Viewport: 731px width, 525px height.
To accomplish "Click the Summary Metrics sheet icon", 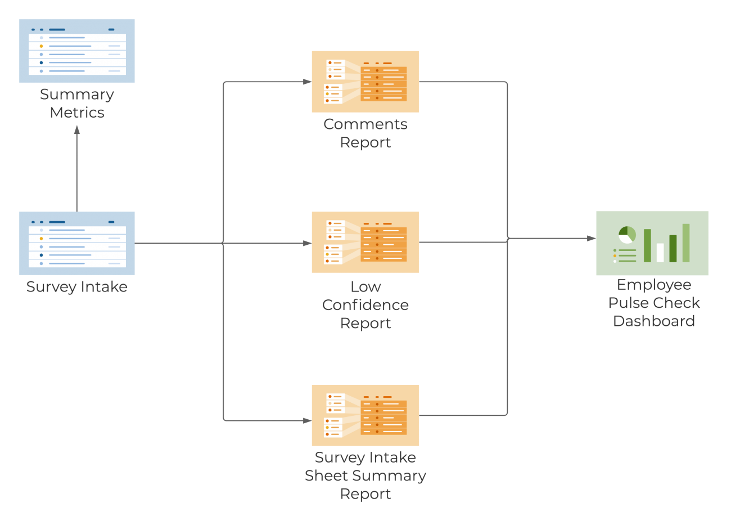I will [x=77, y=51].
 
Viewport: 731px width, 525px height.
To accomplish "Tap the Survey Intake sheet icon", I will [x=77, y=243].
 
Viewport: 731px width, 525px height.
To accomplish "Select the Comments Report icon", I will [x=365, y=82].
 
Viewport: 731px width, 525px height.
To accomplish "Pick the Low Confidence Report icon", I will [x=365, y=242].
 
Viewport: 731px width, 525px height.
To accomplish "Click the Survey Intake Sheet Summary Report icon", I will [x=365, y=415].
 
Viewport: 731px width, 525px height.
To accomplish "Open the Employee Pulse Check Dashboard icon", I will [x=652, y=243].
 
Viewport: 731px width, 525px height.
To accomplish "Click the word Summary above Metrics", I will [x=77, y=95].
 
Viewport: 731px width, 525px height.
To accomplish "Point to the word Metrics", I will [x=77, y=113].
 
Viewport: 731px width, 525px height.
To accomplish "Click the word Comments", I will [x=365, y=124].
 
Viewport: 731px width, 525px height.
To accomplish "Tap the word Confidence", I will [x=365, y=305].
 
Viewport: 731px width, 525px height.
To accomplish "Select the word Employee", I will [x=654, y=285].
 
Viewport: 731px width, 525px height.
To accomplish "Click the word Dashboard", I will [x=654, y=321].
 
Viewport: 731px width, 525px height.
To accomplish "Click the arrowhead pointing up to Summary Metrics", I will [x=77, y=130].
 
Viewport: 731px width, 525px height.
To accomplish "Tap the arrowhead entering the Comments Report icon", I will [x=307, y=82].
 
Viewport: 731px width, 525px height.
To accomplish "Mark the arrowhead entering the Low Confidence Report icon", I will [x=307, y=243].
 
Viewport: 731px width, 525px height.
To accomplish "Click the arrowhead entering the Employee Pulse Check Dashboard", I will [x=592, y=239].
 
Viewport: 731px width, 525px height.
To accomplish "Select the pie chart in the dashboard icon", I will [x=627, y=235].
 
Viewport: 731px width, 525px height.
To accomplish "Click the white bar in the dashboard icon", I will [x=660, y=253].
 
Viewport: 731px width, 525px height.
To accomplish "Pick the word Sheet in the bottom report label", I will [x=326, y=475].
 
